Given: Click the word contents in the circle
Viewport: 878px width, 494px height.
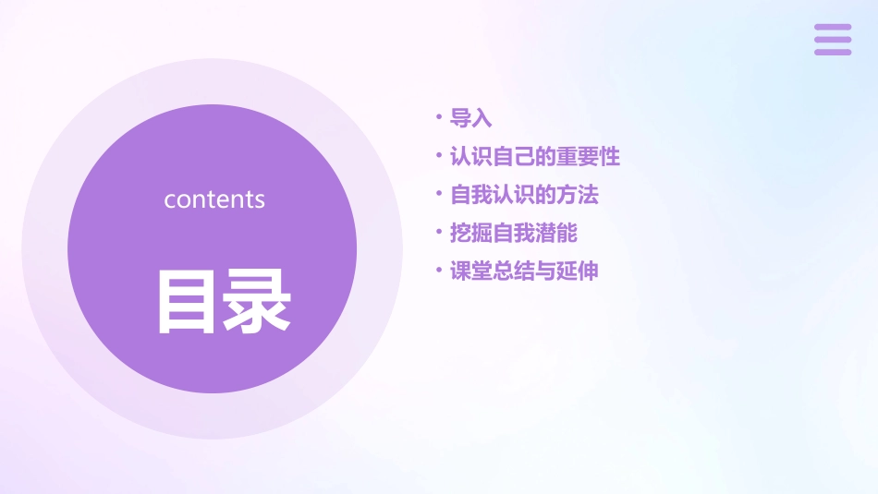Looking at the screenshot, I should click(x=214, y=199).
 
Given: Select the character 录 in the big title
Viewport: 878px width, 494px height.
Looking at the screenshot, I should click(x=258, y=300).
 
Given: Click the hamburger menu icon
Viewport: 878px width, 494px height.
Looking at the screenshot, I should click(x=833, y=40).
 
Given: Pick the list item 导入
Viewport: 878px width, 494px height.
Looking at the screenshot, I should click(x=470, y=118).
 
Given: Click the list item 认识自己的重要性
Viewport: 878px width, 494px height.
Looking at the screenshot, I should click(x=534, y=157).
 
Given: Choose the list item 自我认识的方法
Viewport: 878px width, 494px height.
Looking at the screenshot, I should click(x=524, y=195).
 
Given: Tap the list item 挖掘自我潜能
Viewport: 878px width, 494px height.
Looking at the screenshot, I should click(x=513, y=233).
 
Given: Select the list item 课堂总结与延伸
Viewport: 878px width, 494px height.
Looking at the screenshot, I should click(x=524, y=271).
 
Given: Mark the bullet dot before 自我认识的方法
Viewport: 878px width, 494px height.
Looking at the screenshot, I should click(x=439, y=194).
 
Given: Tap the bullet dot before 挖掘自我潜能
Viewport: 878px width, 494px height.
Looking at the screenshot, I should click(x=439, y=232).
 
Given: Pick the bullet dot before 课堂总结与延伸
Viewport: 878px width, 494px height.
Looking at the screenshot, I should click(x=439, y=270).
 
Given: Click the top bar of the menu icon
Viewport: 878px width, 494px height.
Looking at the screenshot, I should click(x=833, y=27).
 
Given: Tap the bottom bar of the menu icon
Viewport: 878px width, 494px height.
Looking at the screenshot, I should click(x=833, y=52).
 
